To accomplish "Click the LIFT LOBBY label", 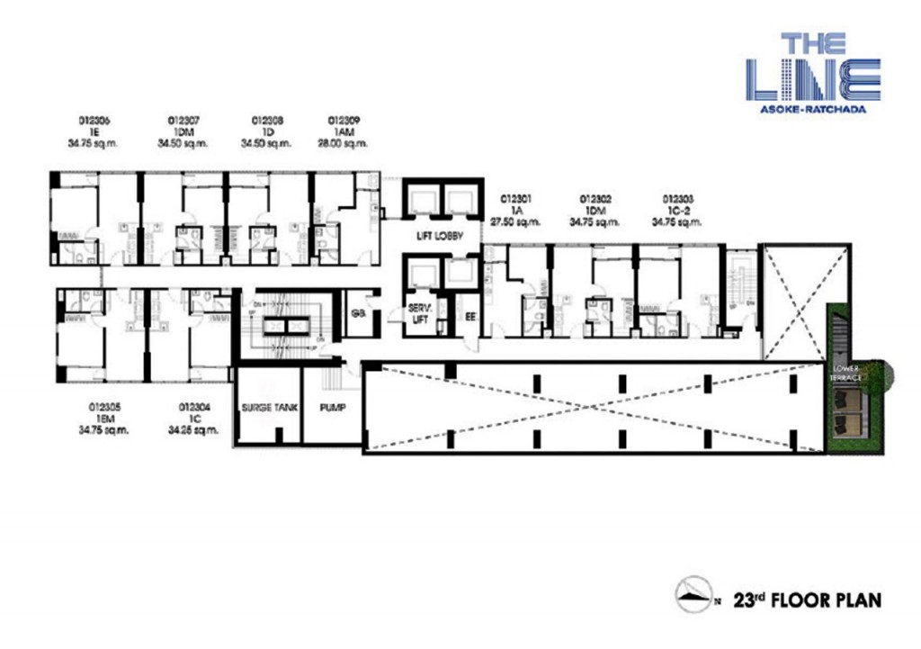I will [x=439, y=237].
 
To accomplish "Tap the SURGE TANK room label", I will [x=263, y=407].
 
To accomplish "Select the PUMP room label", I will [x=332, y=407].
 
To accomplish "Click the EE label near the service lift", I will [x=469, y=316].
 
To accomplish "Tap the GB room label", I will [x=358, y=313].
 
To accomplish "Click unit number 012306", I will [x=94, y=120].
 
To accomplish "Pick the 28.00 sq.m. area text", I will [x=344, y=143].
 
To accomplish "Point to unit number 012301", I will [x=516, y=198].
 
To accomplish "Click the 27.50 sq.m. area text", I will [x=516, y=221].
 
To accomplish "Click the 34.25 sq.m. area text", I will [x=194, y=430].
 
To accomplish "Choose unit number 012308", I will [x=268, y=120].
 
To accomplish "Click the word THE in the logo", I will [x=813, y=44].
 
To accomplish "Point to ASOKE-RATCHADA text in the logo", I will [x=813, y=110].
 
